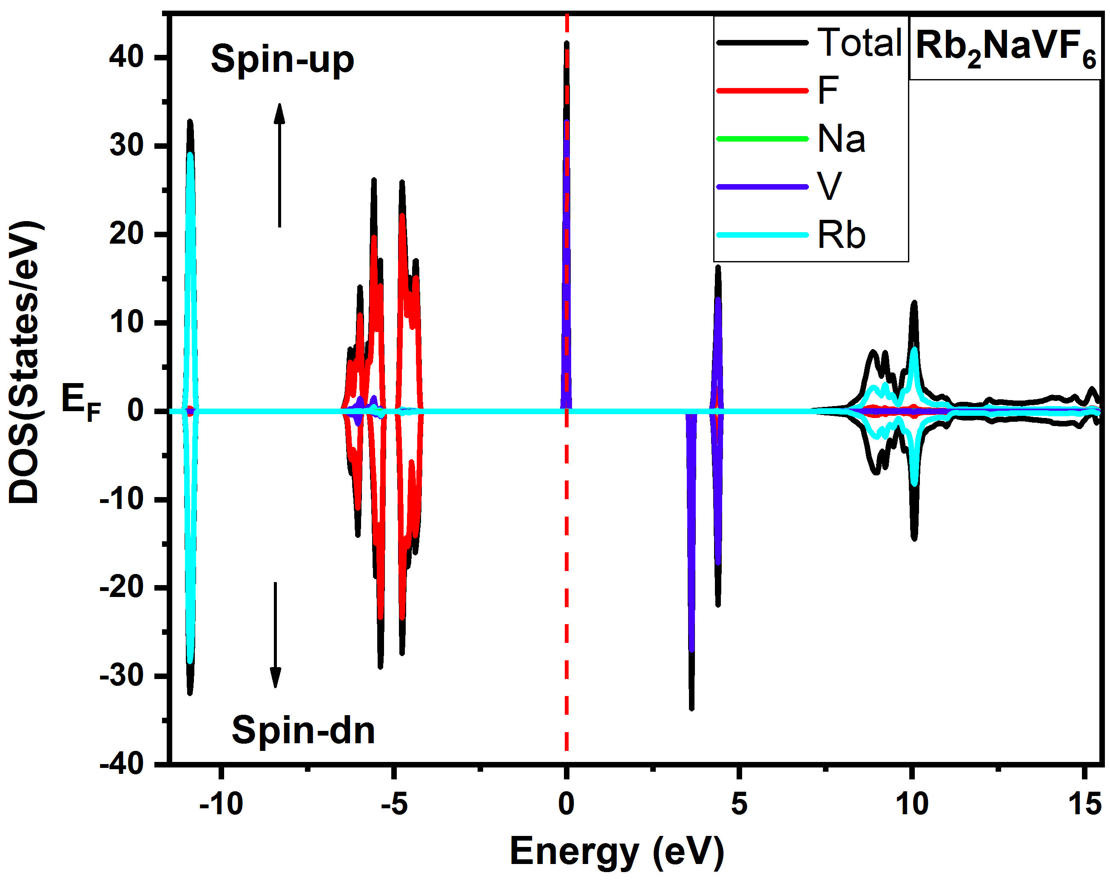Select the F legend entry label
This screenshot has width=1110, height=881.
click(828, 91)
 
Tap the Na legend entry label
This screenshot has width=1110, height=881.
click(841, 139)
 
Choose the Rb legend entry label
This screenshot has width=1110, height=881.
click(841, 236)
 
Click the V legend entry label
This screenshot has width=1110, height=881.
click(829, 186)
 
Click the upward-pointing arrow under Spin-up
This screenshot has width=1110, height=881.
click(279, 165)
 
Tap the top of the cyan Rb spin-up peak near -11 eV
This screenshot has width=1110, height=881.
click(191, 153)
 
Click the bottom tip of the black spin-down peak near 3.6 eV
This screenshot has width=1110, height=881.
click(692, 709)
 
